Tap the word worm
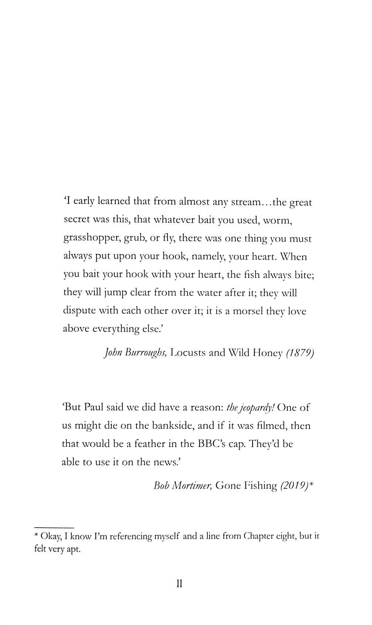pyautogui.click(x=278, y=221)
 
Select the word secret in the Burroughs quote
pyautogui.click(x=77, y=220)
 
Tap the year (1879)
pyautogui.click(x=300, y=353)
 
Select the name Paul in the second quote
pyautogui.click(x=94, y=407)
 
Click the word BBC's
pyautogui.click(x=212, y=444)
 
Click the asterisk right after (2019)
pyautogui.click(x=311, y=484)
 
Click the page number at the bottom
pyautogui.click(x=179, y=584)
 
